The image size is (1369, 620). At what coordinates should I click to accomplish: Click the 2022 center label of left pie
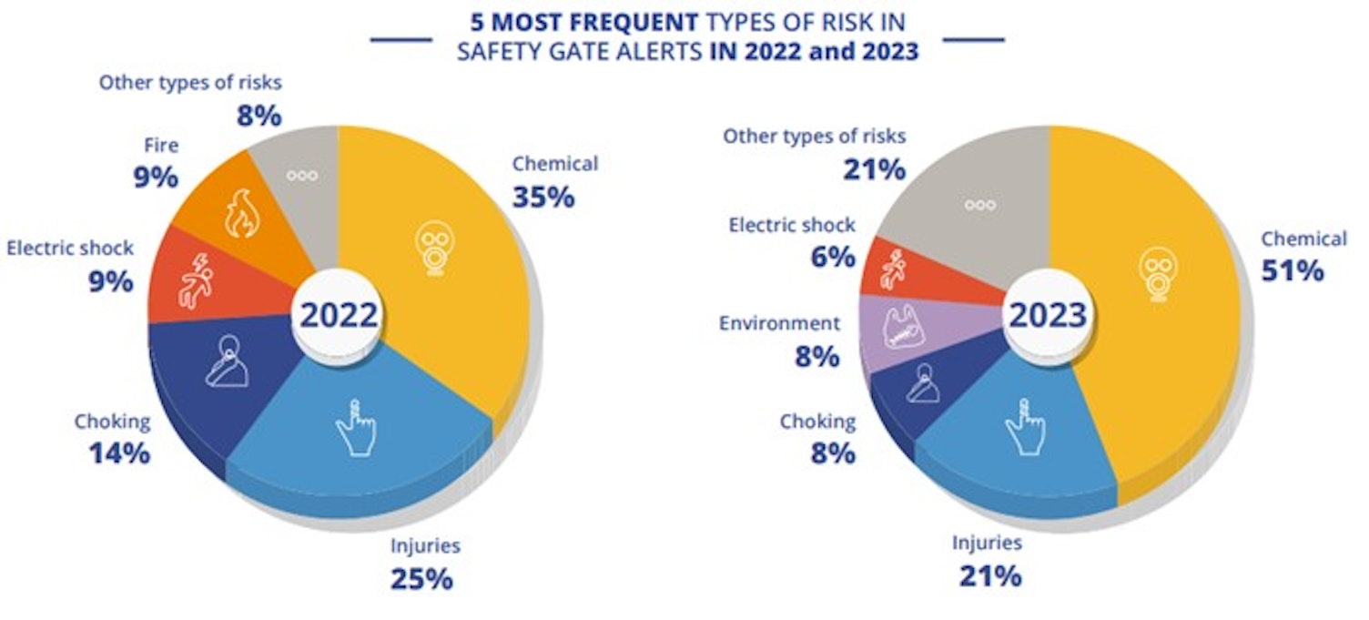coord(338,314)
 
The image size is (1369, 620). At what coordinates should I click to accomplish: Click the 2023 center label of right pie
coord(1049,314)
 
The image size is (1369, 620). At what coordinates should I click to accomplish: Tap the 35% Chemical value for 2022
coord(543,197)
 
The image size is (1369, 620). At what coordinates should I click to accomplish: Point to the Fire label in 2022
coord(160,145)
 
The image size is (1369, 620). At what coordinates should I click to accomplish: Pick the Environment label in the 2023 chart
coord(779,323)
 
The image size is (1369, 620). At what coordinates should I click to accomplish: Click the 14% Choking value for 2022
coord(119,453)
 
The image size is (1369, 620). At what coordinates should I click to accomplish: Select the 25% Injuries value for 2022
coord(421,578)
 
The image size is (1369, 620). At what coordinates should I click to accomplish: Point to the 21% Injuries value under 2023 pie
coord(989,575)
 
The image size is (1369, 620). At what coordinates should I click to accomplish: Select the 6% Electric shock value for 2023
coord(833,257)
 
